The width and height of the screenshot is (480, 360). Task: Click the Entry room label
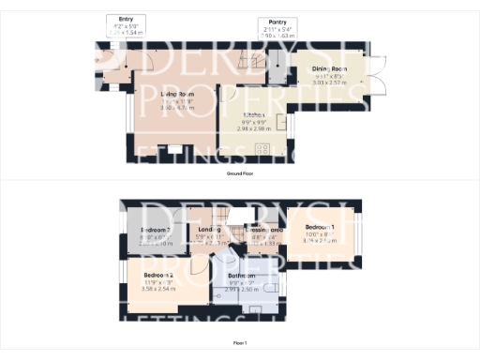[125, 19]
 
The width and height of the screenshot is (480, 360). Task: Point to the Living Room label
[176, 95]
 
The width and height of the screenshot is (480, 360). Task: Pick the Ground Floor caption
[240, 174]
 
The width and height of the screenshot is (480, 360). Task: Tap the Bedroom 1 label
[320, 228]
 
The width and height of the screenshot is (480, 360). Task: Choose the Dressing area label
[265, 230]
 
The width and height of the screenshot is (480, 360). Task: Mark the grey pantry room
[277, 64]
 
